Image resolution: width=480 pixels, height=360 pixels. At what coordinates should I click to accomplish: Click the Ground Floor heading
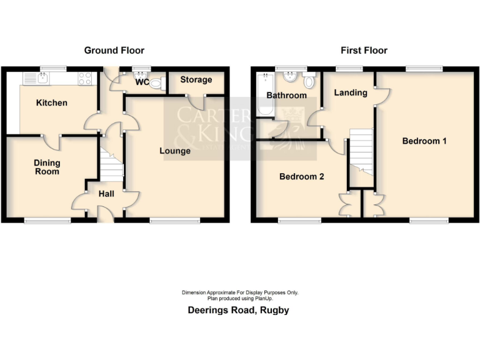click(x=114, y=50)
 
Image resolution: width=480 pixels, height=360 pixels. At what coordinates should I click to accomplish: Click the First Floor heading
click(x=364, y=50)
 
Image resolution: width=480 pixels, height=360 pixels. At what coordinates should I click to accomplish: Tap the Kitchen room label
click(x=51, y=102)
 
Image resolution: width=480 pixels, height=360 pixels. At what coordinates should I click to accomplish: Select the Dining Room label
click(x=47, y=167)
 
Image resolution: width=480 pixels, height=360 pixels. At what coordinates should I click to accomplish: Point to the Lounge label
click(x=175, y=151)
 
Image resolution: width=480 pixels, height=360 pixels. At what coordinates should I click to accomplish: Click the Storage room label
click(x=196, y=80)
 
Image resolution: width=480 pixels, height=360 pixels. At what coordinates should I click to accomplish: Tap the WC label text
click(x=141, y=82)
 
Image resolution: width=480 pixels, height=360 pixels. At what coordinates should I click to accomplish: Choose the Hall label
click(x=106, y=194)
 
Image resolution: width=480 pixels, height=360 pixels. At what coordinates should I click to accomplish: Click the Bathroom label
click(x=287, y=96)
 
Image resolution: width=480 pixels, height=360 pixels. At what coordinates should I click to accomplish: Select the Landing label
click(x=350, y=92)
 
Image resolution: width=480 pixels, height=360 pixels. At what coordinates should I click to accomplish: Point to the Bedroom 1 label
click(x=424, y=141)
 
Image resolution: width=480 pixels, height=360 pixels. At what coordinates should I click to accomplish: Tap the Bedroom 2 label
click(x=301, y=176)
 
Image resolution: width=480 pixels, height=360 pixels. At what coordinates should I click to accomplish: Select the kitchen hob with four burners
click(x=85, y=79)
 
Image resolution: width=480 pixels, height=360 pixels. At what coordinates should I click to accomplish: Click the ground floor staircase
click(x=112, y=164)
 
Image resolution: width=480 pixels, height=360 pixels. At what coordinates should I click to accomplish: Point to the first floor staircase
click(x=361, y=152)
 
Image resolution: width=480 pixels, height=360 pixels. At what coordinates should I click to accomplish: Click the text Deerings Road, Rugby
click(x=239, y=310)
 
